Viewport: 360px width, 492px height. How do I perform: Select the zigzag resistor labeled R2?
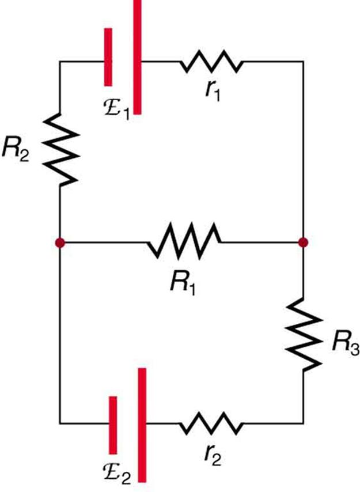(60, 148)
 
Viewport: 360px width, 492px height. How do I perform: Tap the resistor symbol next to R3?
(303, 334)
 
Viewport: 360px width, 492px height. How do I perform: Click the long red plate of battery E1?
(137, 58)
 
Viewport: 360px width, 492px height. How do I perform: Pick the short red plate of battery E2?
(113, 423)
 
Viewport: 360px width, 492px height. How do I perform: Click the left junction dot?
(60, 243)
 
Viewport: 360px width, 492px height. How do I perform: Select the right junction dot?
(303, 243)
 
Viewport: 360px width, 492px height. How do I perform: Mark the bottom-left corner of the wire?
(60, 423)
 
